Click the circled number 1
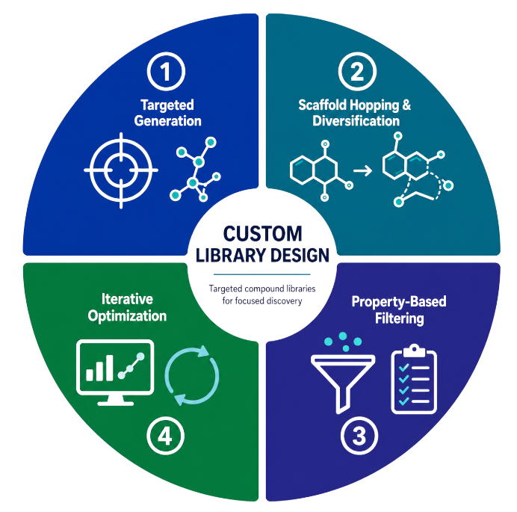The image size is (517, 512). (x=166, y=71)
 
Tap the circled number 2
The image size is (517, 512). (x=357, y=71)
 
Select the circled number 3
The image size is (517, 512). (x=359, y=435)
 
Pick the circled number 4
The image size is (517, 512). (x=165, y=436)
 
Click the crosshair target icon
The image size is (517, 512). (x=121, y=170)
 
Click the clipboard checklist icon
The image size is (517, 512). (x=414, y=379)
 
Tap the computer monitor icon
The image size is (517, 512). (x=115, y=372)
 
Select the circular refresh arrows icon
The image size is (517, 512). (x=191, y=375)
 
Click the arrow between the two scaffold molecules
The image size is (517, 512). (x=362, y=170)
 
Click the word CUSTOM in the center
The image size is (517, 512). (x=262, y=234)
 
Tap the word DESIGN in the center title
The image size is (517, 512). (x=300, y=256)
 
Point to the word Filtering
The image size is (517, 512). (x=399, y=318)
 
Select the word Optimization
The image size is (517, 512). (x=127, y=316)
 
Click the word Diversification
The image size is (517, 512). (x=356, y=121)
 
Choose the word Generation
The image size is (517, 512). (x=167, y=121)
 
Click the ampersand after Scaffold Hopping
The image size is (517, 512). (x=406, y=105)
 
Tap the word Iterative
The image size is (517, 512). (x=127, y=299)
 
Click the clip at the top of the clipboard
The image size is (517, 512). (x=414, y=351)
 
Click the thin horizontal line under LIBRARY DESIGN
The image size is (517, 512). (x=262, y=274)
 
